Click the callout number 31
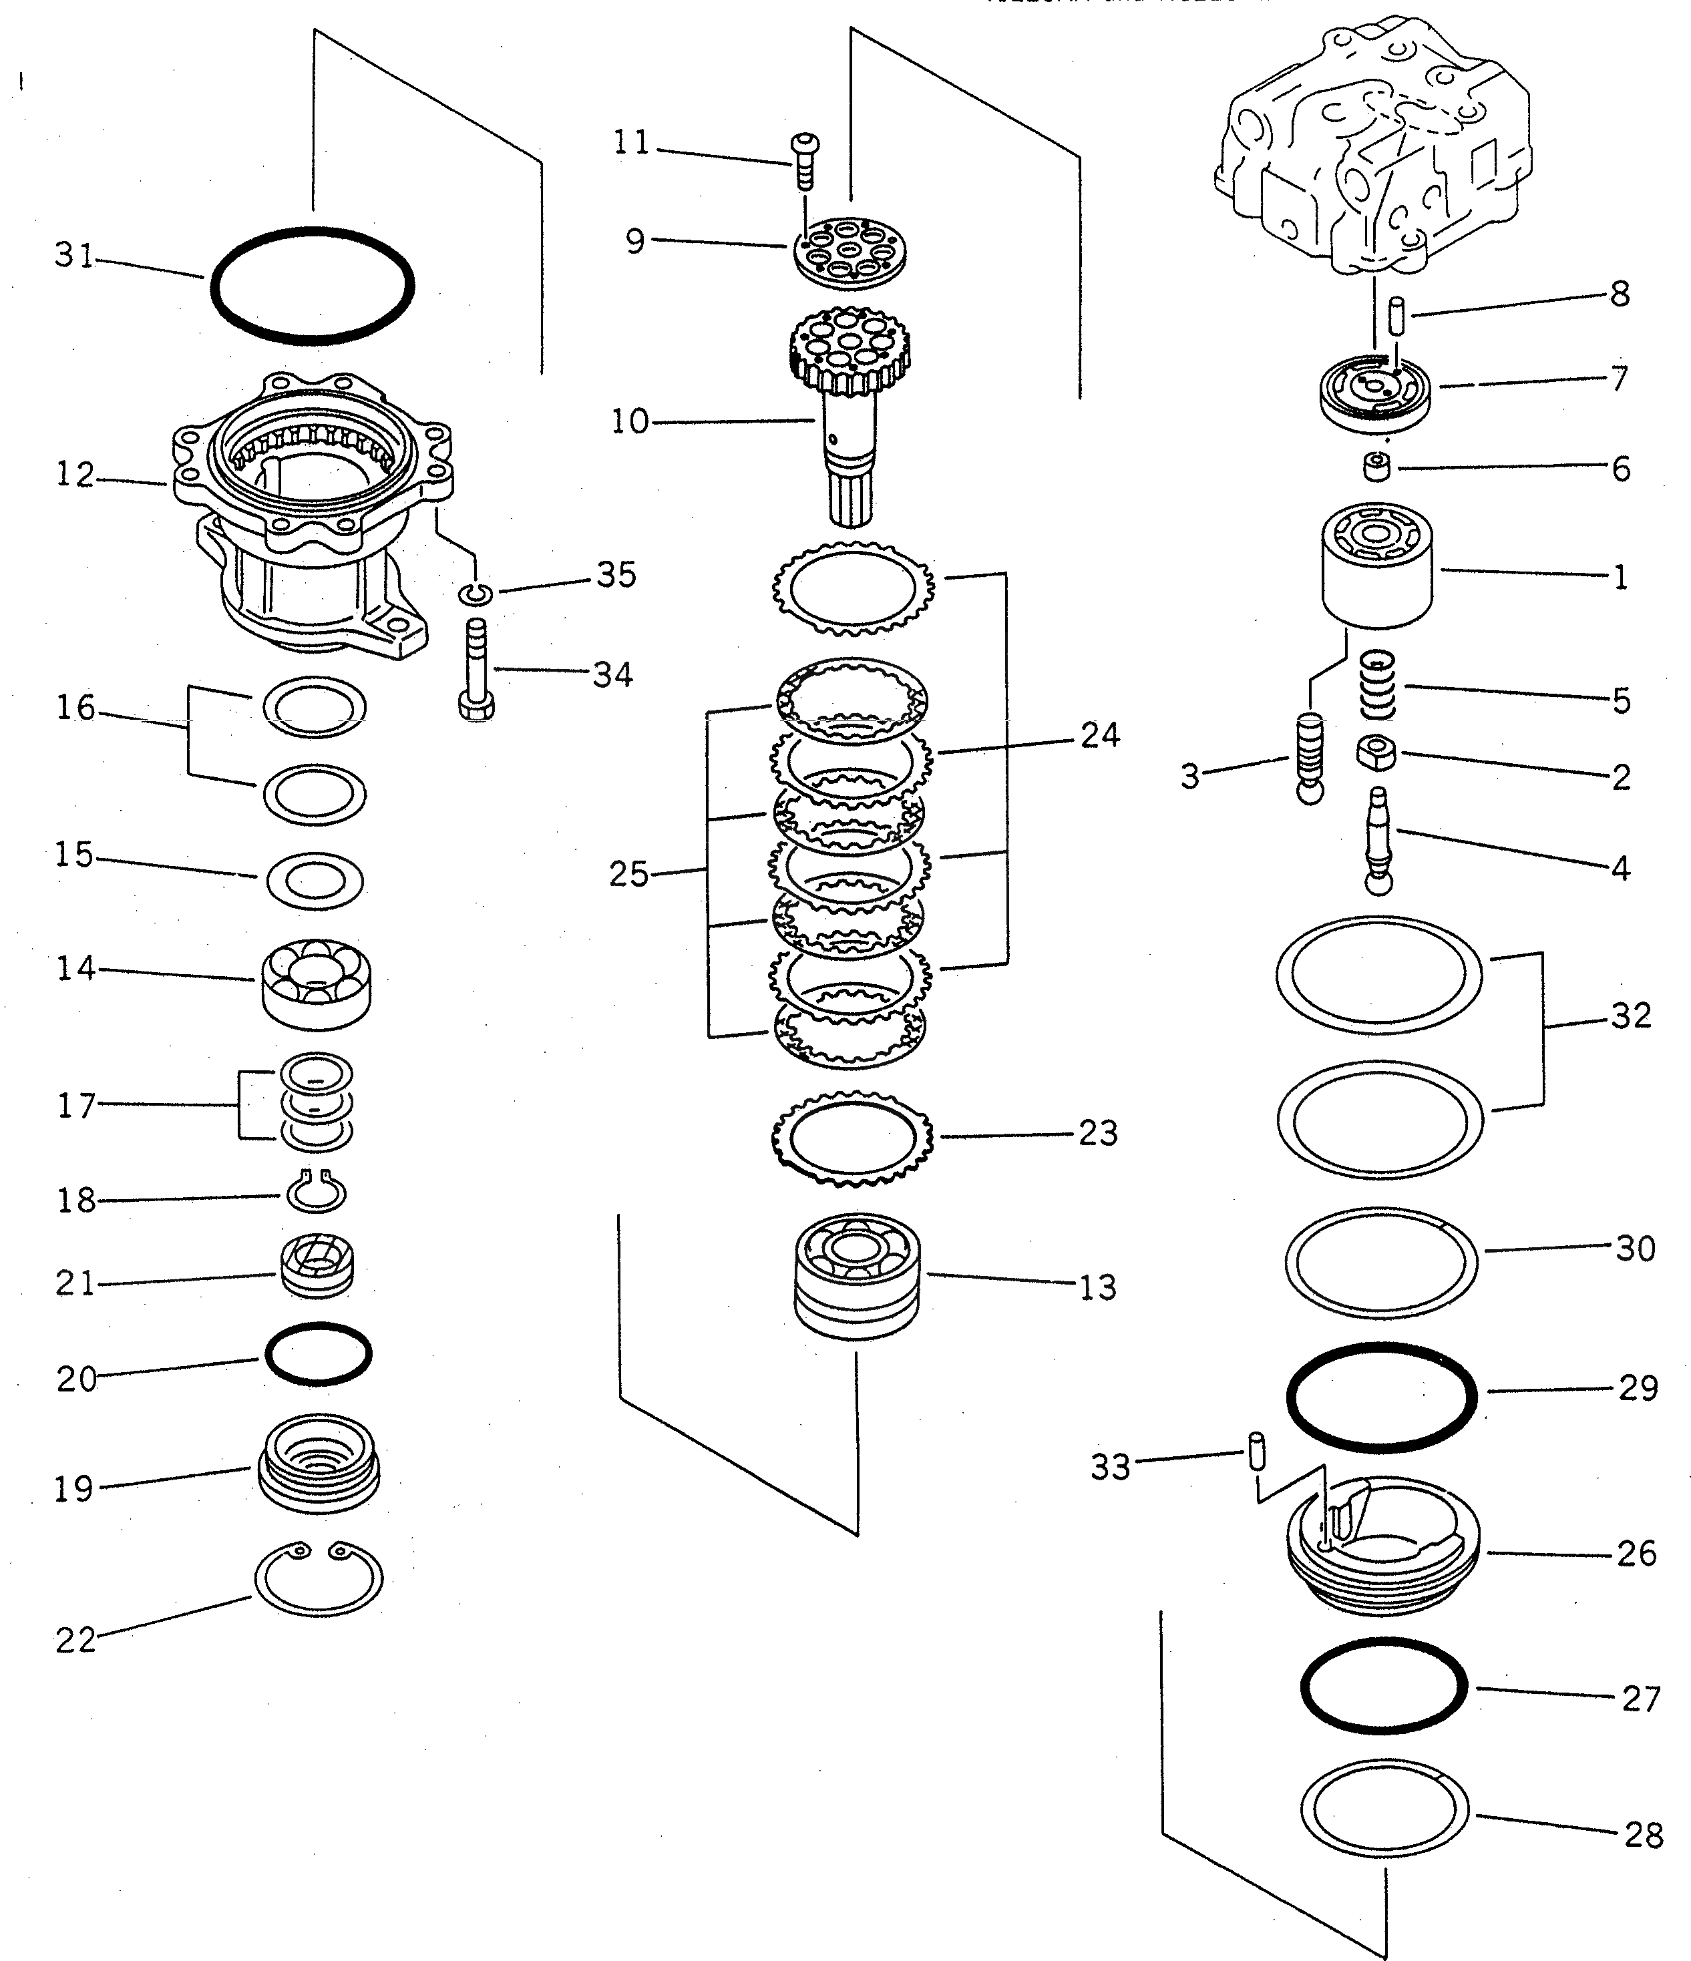pos(74,256)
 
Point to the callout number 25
pos(628,873)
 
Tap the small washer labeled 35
pos(476,594)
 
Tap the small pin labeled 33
pos(1256,1451)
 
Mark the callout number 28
pos(1643,1835)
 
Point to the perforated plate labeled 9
pos(850,249)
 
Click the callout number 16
pos(75,708)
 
